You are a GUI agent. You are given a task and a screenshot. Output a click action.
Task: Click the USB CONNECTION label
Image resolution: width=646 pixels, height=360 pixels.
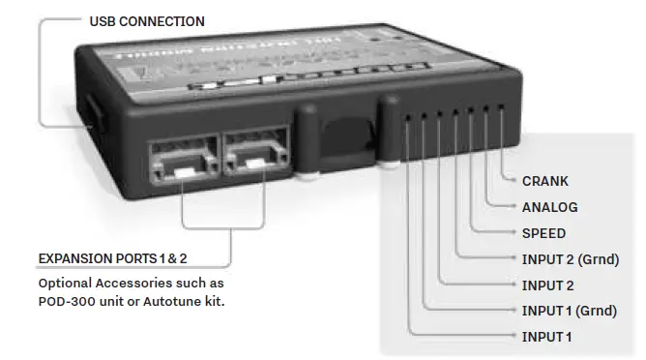click(146, 21)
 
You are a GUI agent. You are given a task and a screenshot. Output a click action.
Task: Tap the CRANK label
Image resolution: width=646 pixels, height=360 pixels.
click(544, 181)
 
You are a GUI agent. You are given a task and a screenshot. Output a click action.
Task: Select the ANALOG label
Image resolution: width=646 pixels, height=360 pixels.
click(549, 207)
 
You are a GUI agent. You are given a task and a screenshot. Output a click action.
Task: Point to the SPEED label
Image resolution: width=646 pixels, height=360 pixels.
click(543, 233)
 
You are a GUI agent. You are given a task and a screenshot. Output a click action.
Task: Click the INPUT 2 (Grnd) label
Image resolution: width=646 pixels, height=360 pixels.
click(569, 259)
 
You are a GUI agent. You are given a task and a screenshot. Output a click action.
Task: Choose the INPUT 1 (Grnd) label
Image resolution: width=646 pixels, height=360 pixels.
click(569, 311)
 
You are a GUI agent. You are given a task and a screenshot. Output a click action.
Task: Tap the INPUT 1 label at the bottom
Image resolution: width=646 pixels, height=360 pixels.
click(546, 337)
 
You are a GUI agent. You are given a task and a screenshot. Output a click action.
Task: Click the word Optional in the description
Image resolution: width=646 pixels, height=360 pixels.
click(68, 284)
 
